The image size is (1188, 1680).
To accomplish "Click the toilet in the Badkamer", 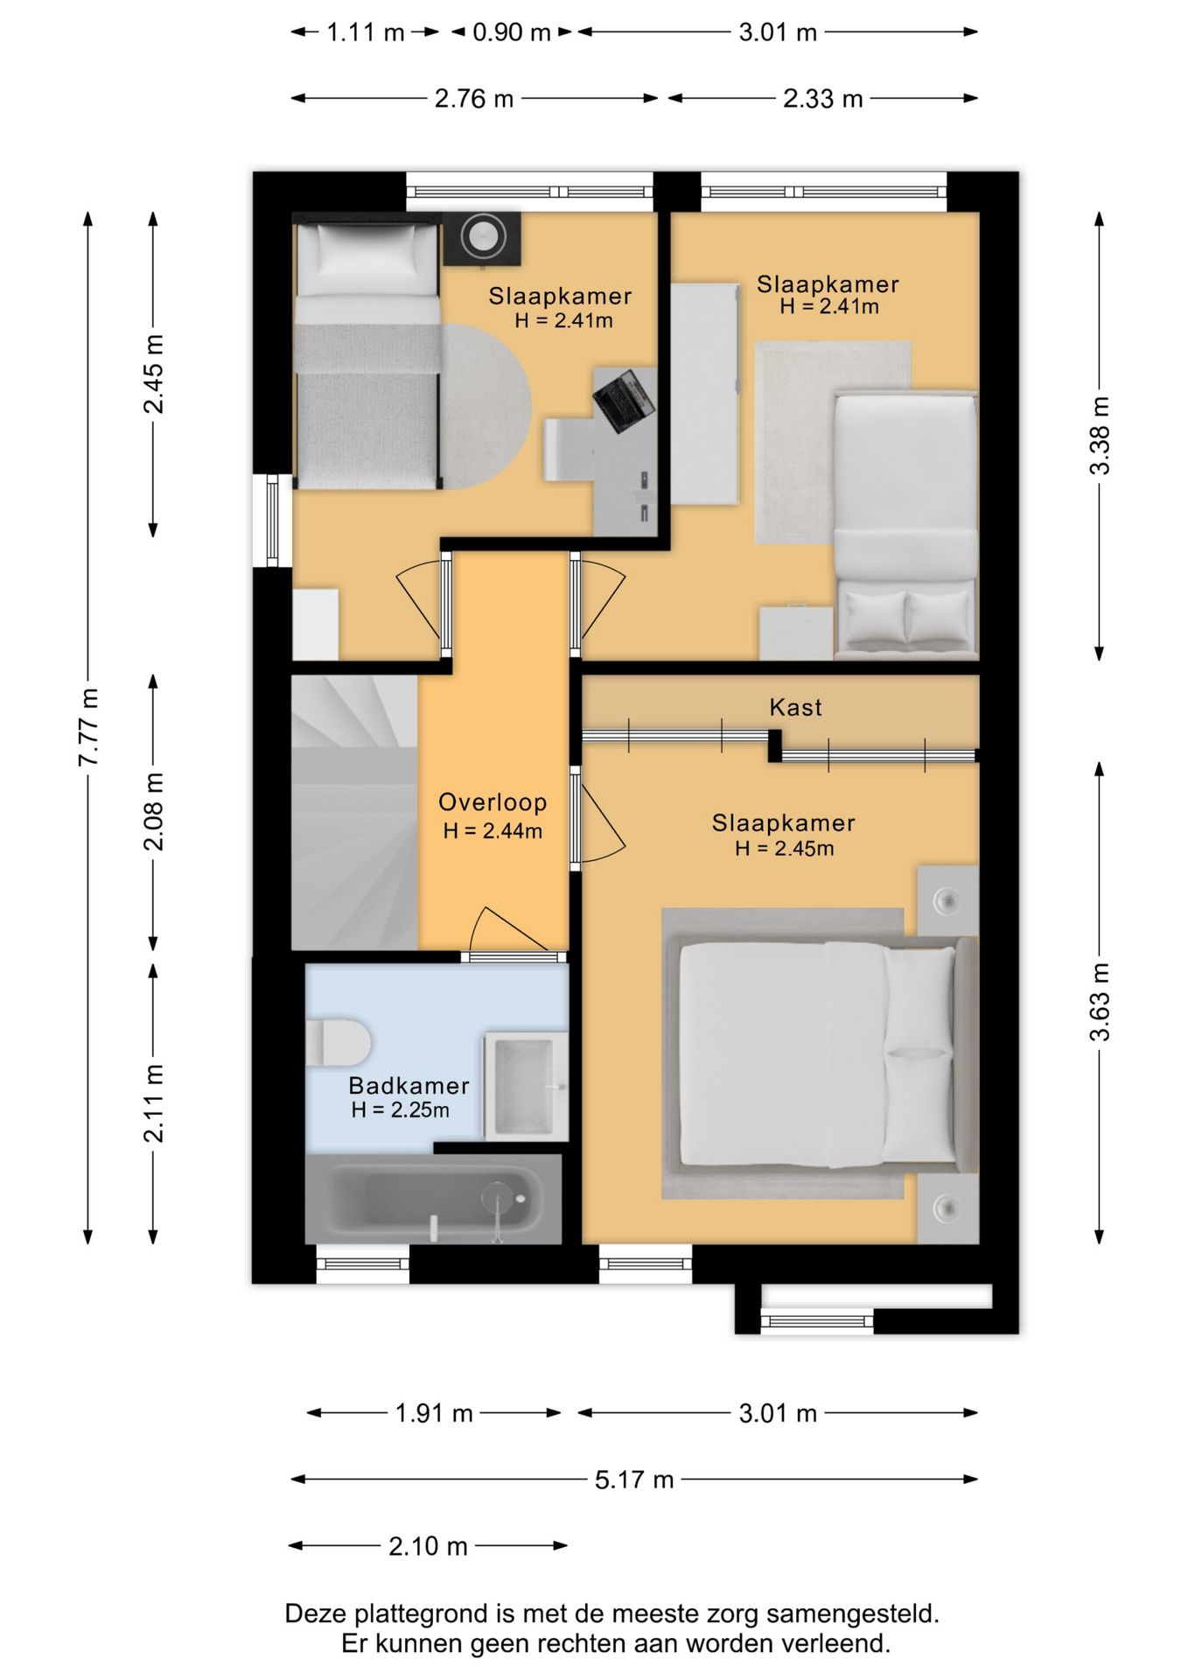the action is [x=338, y=1041].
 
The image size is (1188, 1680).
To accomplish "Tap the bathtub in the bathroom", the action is [x=433, y=1199].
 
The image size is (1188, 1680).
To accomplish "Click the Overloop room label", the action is [x=493, y=802].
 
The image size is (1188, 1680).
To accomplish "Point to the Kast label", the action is [x=795, y=707].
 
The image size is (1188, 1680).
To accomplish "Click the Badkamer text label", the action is [x=409, y=1086].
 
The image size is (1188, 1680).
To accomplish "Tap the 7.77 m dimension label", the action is [x=88, y=727].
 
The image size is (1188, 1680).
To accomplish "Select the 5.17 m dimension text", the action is [x=634, y=1480].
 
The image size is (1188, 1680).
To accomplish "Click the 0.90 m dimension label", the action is [x=512, y=32].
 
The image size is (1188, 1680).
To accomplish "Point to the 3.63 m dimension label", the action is [x=1100, y=1002].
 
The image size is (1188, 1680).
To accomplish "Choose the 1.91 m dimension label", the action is [x=434, y=1413].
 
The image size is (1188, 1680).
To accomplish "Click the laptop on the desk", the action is [x=623, y=401].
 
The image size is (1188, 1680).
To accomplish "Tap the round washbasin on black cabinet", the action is [x=482, y=236].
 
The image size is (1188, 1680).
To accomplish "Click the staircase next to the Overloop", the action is [x=354, y=812].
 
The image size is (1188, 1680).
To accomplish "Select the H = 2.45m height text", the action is [x=785, y=849].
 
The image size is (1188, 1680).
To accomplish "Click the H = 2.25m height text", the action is [x=401, y=1110].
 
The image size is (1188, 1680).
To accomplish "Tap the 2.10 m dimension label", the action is [x=428, y=1546].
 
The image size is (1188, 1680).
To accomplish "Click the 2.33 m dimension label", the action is [x=822, y=99].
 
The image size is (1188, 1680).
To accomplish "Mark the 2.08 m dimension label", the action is [x=154, y=811].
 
